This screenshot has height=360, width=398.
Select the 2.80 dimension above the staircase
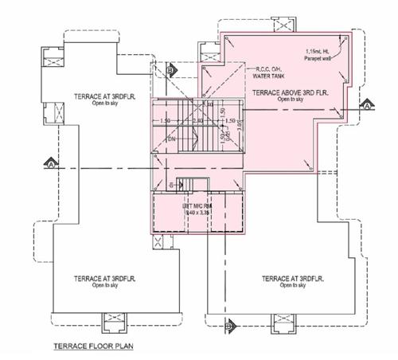pyautogui.click(x=197, y=121)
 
